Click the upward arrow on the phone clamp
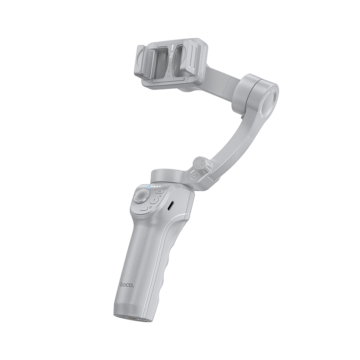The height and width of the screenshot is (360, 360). point(172,47)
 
